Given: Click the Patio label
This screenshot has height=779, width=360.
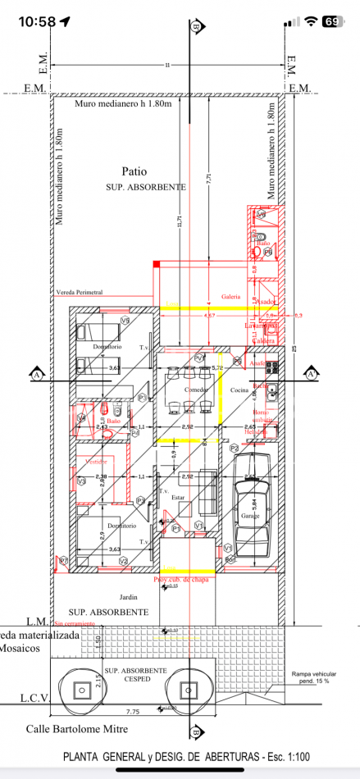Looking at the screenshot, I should [x=134, y=172].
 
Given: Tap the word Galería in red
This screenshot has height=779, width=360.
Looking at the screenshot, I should [x=230, y=297].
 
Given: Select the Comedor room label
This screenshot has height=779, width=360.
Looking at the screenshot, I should [x=196, y=389].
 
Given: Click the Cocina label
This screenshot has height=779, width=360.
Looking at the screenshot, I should [x=239, y=389].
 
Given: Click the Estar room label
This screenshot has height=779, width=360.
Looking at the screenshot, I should [x=179, y=497].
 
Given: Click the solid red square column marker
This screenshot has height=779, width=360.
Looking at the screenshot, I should [x=157, y=263].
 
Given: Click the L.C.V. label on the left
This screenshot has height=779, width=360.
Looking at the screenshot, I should [x=35, y=699].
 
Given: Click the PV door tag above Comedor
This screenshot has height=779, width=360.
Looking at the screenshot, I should [x=198, y=359].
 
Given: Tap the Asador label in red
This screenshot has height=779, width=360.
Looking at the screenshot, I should [x=267, y=302].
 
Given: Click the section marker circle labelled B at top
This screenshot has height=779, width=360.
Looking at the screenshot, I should [x=195, y=27].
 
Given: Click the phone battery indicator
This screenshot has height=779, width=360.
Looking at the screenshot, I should [x=332, y=21].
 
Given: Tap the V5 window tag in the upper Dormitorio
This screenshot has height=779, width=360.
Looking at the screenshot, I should [x=125, y=319].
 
